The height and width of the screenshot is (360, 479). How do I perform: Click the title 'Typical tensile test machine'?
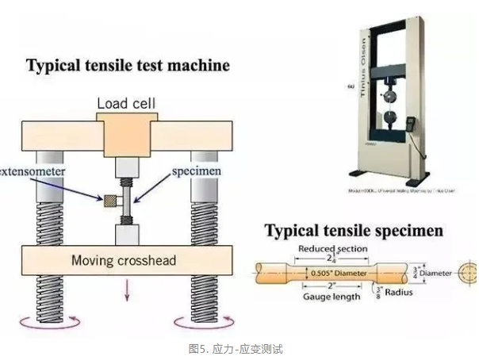(128, 65)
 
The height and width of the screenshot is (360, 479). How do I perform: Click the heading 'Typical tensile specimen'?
(354, 232)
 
